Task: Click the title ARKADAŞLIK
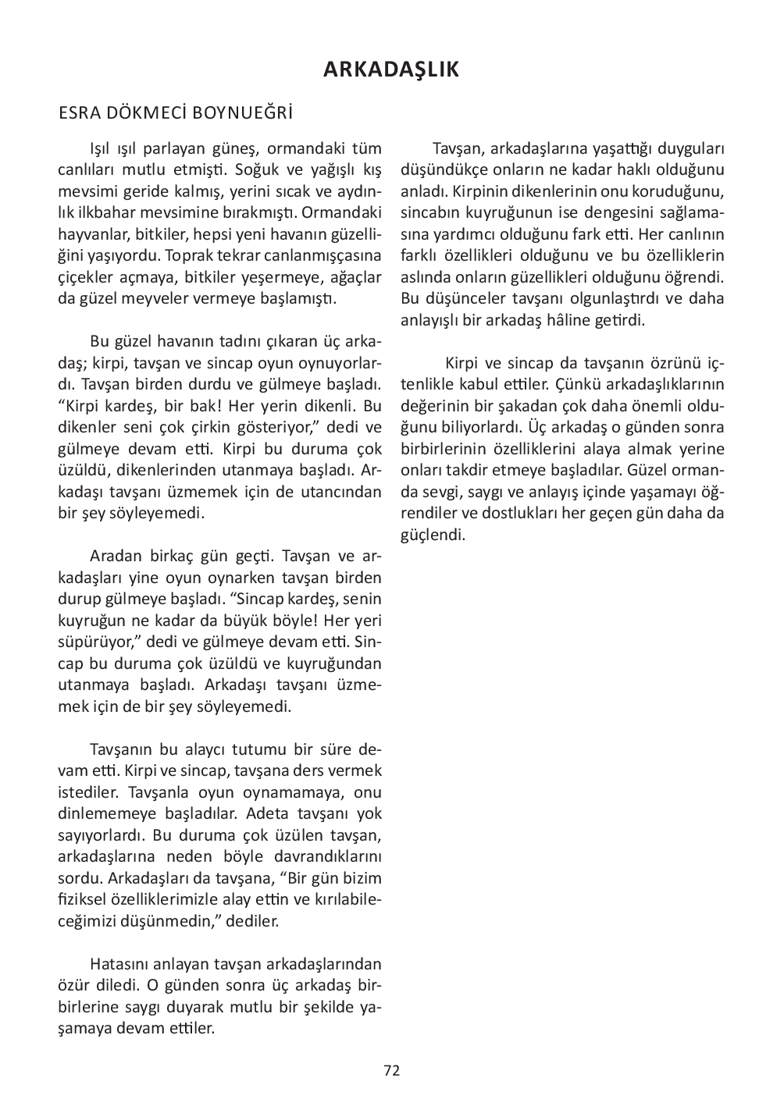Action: [x=391, y=69]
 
